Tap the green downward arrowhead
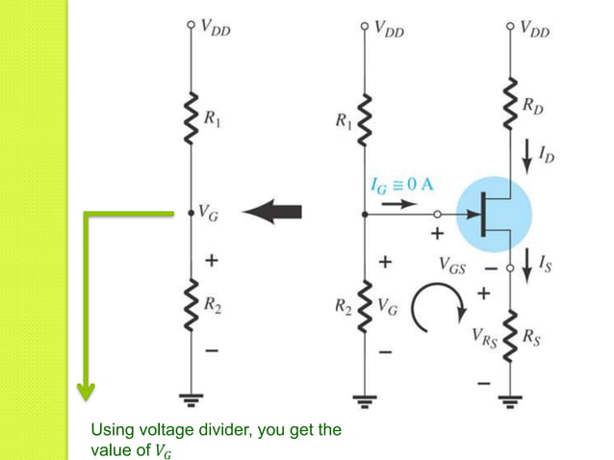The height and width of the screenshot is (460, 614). (x=87, y=389)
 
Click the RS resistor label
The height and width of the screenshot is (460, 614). (x=532, y=337)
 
